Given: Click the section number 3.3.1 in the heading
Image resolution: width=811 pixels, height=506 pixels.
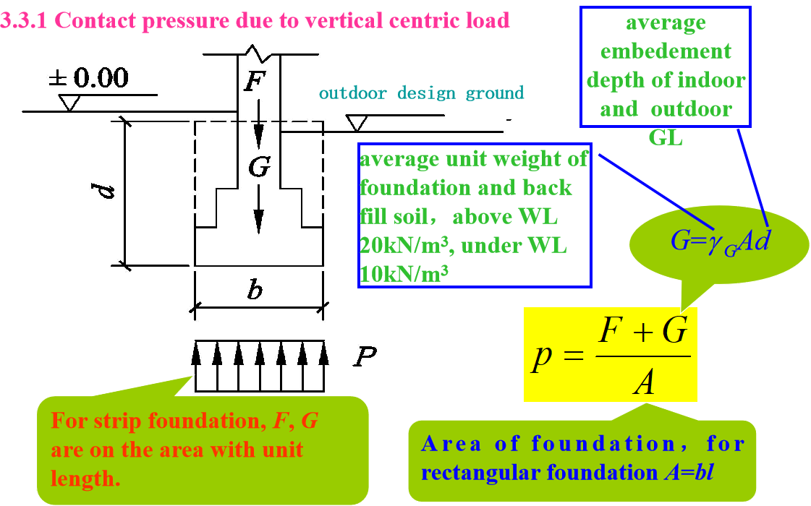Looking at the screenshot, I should coord(25,20).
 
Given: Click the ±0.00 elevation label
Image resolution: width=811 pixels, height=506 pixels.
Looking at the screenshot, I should coord(89,77).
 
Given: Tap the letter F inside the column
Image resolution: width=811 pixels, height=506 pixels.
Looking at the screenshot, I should coord(253,82).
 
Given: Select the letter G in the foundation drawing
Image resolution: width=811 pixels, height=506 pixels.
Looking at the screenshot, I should coord(258,168).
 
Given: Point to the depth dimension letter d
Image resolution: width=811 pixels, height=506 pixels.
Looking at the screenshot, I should coord(106,192).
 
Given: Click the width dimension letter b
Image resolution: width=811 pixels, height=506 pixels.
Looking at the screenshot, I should coord(255,291).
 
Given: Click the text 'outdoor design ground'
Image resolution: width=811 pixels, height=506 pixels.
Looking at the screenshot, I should coord(421,93).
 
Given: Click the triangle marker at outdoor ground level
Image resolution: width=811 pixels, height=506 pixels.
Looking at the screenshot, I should coord(356,124).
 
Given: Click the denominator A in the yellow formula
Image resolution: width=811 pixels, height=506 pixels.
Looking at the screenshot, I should coord(643,381).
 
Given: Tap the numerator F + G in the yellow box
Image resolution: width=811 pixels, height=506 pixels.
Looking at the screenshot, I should coord(642,334).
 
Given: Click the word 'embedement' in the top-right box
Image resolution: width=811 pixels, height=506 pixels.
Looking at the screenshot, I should coord(666,51).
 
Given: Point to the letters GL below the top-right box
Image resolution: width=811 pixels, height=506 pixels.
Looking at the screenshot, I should coord(666,137).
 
